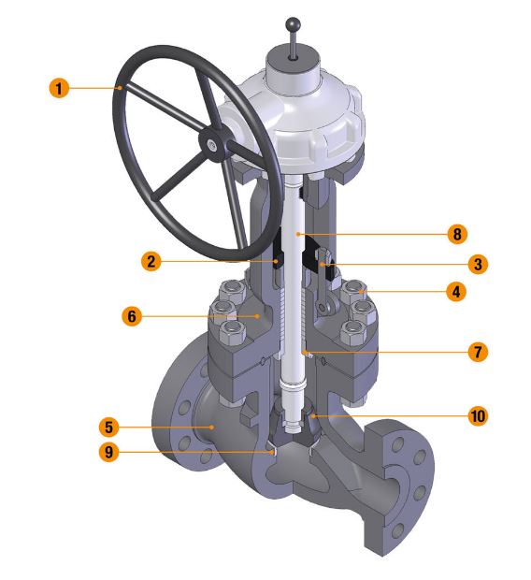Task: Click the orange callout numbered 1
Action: click(x=59, y=89)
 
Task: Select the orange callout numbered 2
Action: click(x=151, y=261)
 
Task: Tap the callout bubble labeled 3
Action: click(x=478, y=265)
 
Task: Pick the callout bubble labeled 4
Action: click(x=456, y=292)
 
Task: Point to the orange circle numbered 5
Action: click(x=109, y=427)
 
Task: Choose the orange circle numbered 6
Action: click(x=132, y=316)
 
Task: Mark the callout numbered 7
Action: click(x=478, y=352)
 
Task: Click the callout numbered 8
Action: click(x=457, y=234)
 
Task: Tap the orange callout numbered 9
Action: click(x=109, y=452)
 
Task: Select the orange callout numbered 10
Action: click(x=478, y=415)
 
